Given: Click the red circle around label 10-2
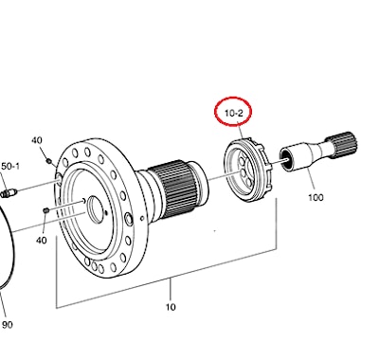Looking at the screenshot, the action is pyautogui.click(x=233, y=98).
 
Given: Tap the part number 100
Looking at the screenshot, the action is pyautogui.click(x=316, y=198).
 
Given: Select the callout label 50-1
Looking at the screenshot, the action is pyautogui.click(x=10, y=166).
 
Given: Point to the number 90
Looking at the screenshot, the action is pyautogui.click(x=8, y=324).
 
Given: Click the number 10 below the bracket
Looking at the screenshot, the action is pyautogui.click(x=171, y=307).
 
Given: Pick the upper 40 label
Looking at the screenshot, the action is pyautogui.click(x=37, y=140).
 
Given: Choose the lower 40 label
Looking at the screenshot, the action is pyautogui.click(x=42, y=241).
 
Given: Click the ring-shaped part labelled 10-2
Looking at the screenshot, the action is pyautogui.click(x=248, y=170).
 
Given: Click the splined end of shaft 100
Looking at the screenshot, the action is pyautogui.click(x=344, y=145).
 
